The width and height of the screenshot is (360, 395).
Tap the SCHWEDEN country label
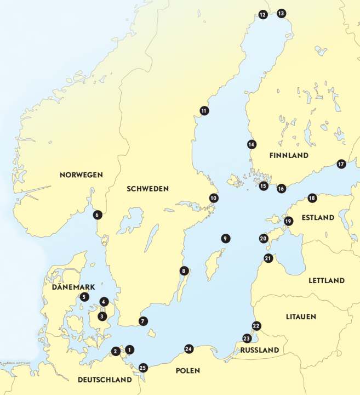click(147, 188)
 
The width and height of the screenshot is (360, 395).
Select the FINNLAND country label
click(289, 156)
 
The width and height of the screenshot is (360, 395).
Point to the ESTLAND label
click(317, 218)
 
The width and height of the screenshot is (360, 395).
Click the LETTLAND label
click(327, 280)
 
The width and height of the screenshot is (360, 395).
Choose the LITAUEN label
click(302, 317)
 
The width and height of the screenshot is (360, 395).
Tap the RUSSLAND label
click(260, 350)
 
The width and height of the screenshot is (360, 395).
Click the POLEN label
click(187, 371)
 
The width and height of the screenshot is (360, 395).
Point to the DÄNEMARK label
click(73, 287)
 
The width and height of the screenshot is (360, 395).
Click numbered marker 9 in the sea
click(225, 238)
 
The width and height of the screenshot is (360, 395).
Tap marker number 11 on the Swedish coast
click(204, 111)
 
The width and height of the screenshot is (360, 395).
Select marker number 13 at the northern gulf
click(281, 13)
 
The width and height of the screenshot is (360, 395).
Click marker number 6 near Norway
click(97, 215)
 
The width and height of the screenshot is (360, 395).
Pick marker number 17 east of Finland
click(341, 164)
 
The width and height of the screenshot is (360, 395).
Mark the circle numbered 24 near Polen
click(188, 349)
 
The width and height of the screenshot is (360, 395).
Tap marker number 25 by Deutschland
click(143, 368)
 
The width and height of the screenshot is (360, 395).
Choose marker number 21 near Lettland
click(268, 258)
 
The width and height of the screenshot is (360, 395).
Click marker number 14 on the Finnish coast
click(252, 145)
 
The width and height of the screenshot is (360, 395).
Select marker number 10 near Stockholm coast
click(214, 198)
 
